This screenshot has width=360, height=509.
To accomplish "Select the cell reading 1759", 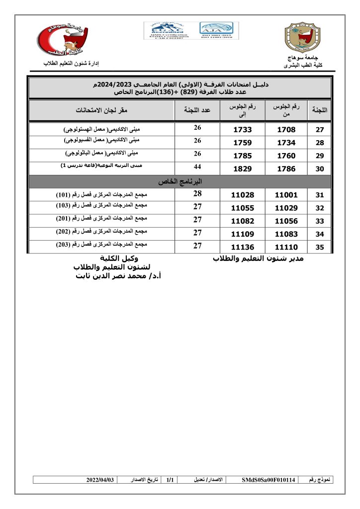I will pyautogui.click(x=243, y=143).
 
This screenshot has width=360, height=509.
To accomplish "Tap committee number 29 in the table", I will pyautogui.click(x=320, y=156).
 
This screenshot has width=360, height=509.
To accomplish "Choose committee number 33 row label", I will pyautogui.click(x=320, y=221).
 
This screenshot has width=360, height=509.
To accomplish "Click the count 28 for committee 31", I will pyautogui.click(x=197, y=194).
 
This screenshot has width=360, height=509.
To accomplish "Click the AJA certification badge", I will pyautogui.click(x=219, y=30).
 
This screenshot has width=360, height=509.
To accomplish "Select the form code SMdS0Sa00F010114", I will pyautogui.click(x=269, y=480).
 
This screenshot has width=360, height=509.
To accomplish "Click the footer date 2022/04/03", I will pyautogui.click(x=100, y=480).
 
